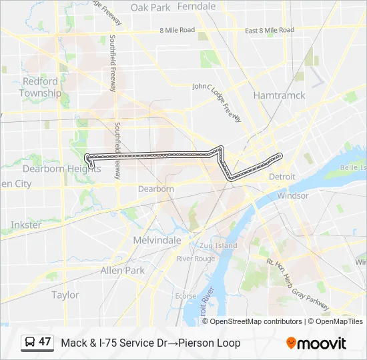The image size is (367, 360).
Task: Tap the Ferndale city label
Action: [198, 7]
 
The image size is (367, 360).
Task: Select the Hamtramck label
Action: [279, 95]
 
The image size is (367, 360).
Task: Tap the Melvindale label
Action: [157, 240]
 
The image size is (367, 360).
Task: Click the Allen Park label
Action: [122, 271]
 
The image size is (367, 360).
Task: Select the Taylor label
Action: [65, 295]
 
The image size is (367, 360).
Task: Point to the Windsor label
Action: [293, 196]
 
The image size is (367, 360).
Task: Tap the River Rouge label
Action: [196, 259]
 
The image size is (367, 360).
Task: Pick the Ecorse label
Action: [185, 296]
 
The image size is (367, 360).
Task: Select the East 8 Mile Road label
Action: [270, 31]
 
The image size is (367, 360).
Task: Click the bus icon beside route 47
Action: [30, 343]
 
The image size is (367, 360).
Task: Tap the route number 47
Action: [45, 342]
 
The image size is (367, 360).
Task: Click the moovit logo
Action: [316, 343]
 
